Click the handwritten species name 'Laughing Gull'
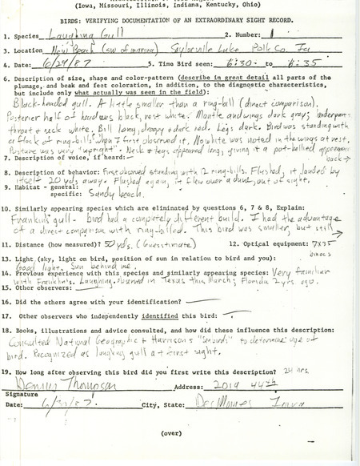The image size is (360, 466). point(76,33)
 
